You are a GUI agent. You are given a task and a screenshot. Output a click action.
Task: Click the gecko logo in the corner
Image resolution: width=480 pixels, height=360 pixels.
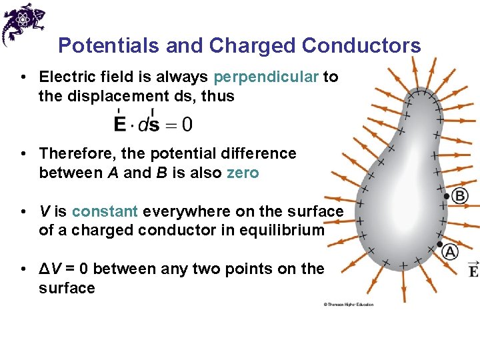coord(23,23)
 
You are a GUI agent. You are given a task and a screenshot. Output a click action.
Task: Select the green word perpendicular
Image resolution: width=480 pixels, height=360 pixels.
coord(266,77)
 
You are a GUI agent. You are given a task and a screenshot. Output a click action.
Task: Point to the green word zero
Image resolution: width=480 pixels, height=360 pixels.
coord(243,173)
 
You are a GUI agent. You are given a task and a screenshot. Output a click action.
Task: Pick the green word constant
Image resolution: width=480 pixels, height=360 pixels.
coord(105,211)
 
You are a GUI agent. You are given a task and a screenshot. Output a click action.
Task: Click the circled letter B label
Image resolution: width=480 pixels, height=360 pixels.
coord(460,195)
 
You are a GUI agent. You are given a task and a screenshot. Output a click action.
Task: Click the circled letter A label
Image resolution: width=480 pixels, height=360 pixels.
coord(451,252)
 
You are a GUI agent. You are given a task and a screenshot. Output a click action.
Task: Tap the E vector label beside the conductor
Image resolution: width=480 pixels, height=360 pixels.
coord(473,269)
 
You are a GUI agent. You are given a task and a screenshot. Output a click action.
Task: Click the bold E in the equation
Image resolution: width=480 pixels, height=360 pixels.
coord(120,124)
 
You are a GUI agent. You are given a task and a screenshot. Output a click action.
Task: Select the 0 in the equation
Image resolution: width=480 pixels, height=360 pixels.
coord(188,124)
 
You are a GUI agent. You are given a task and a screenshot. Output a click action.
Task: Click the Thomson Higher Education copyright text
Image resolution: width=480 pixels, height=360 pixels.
coord(349,305)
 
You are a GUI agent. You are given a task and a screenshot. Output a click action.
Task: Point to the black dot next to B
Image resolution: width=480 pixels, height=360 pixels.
coord(447,197)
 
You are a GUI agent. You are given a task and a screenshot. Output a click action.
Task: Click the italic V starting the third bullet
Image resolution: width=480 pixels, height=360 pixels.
coord(44,211)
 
